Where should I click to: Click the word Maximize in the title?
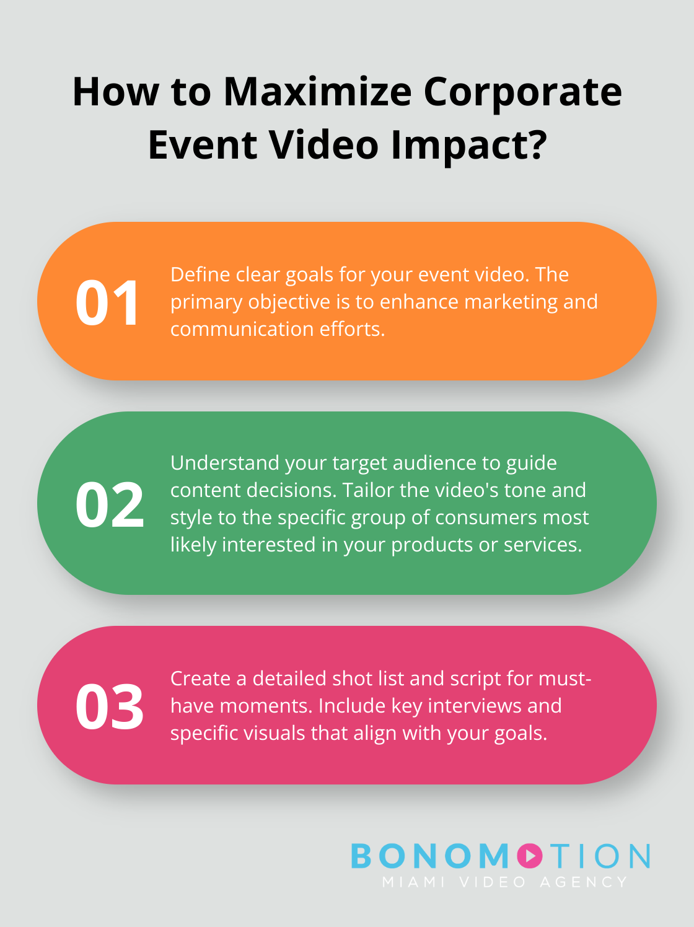[x=317, y=92]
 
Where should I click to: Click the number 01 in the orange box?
[x=107, y=303]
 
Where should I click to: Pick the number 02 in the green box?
[x=110, y=504]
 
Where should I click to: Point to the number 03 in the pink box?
[x=110, y=706]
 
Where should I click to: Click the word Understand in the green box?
[x=224, y=463]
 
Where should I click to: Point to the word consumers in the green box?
[x=486, y=517]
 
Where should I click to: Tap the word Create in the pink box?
[x=200, y=679]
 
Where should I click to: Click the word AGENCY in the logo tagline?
[x=584, y=882]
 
